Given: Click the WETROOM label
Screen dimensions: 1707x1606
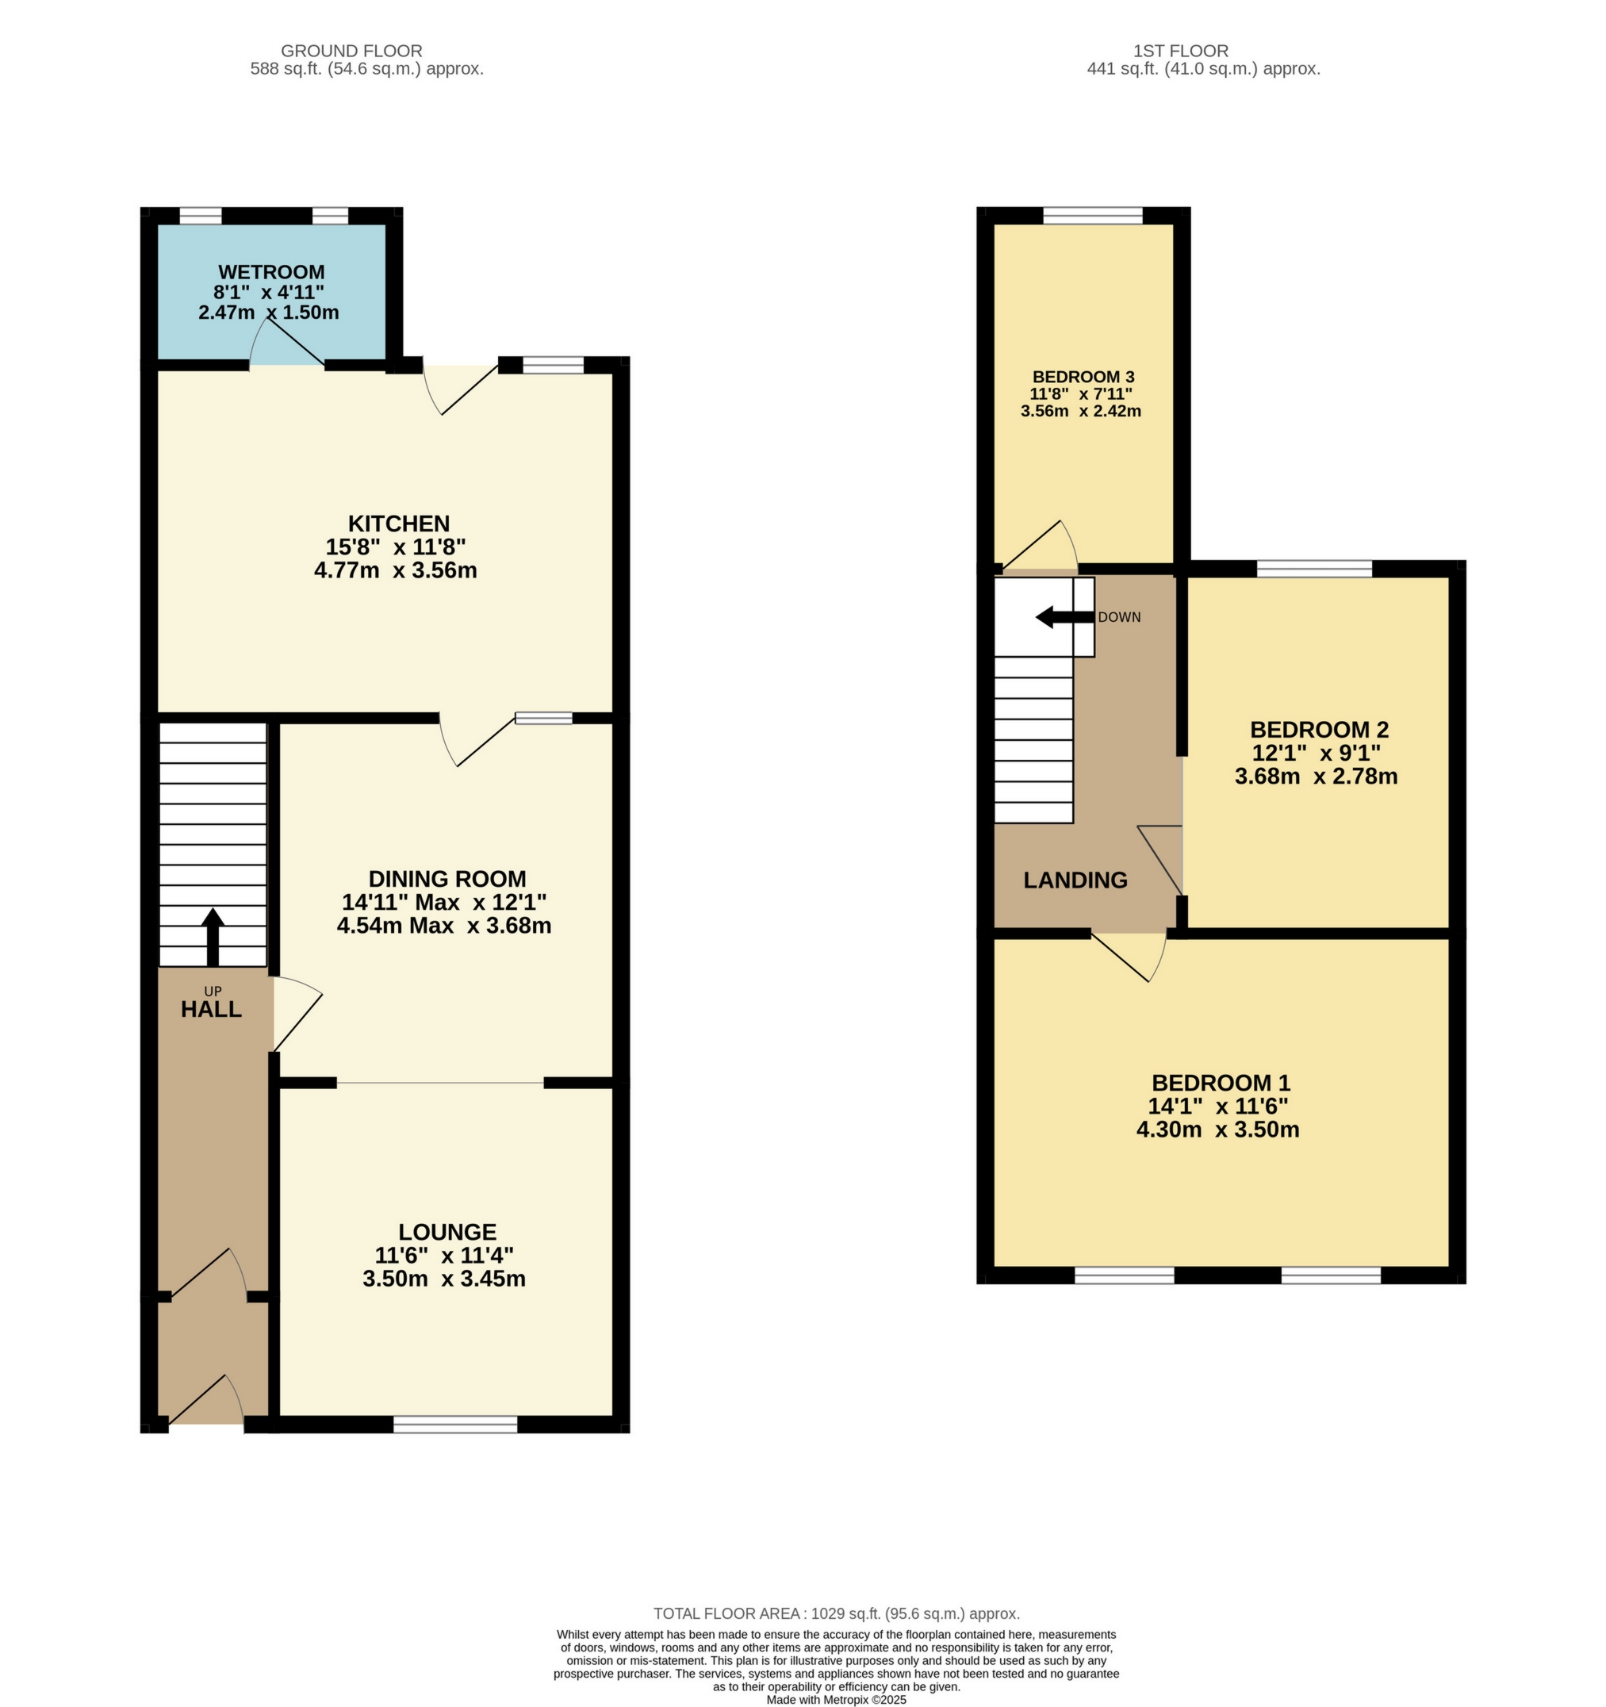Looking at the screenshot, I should (271, 272).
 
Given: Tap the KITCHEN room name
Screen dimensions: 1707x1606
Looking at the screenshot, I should (398, 523).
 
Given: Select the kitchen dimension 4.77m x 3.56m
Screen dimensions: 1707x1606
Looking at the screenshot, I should (396, 570).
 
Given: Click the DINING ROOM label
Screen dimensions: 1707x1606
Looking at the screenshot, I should (447, 878).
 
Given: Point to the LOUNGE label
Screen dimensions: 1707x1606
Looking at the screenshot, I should (447, 1232).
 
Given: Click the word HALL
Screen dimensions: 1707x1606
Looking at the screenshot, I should (211, 1010).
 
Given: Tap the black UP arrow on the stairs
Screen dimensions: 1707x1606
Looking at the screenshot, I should (212, 938).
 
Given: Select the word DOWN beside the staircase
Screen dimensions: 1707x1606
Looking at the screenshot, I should (1118, 617).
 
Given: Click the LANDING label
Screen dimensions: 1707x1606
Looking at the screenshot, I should (1075, 880).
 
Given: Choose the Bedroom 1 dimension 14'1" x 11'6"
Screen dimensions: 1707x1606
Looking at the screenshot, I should (1218, 1106).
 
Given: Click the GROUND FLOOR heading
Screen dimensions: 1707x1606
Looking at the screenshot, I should (351, 51).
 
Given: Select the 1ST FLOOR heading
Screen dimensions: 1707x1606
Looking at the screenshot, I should (1180, 51).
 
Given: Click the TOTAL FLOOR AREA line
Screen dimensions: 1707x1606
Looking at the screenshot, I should (836, 1613).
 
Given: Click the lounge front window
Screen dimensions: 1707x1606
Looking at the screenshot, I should (455, 1425).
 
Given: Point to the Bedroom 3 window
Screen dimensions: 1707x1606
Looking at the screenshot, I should (1092, 216).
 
